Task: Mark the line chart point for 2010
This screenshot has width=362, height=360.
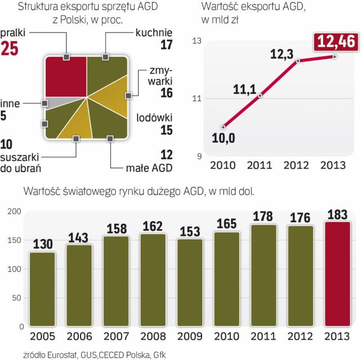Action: (x=224, y=127)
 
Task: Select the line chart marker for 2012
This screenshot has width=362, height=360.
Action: (x=298, y=61)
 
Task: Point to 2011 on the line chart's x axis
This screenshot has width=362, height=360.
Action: (x=260, y=165)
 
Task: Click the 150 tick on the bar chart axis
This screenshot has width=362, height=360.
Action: (x=16, y=240)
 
